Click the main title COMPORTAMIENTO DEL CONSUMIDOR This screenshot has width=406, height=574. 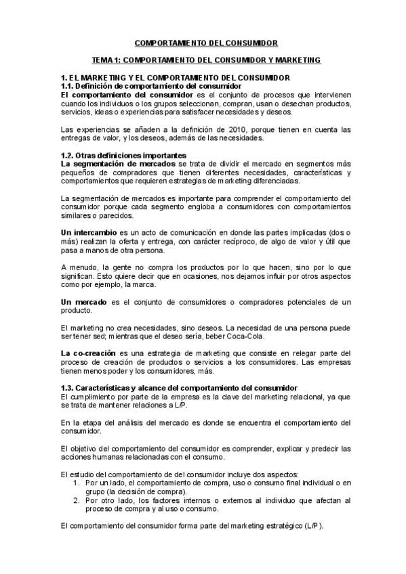pos(203,43)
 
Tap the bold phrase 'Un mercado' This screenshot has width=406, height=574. pos(84,301)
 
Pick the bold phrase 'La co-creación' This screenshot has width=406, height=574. pos(89,353)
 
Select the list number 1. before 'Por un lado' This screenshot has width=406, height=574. pos(77,483)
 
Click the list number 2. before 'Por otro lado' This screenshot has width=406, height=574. pos(77,500)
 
